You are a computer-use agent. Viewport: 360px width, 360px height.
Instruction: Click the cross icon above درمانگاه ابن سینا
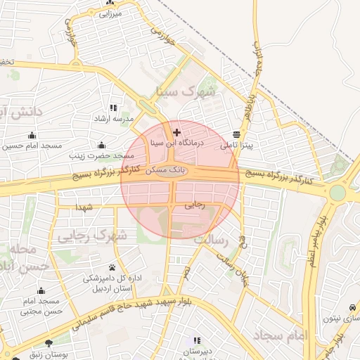coord(176,131)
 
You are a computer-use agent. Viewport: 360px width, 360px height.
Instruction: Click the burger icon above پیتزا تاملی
coord(236,134)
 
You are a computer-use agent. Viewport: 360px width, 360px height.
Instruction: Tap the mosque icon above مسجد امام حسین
coord(31,135)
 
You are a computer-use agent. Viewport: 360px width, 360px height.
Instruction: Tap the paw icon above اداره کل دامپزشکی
coord(112,267)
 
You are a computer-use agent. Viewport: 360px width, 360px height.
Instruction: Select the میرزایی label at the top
coord(110,13)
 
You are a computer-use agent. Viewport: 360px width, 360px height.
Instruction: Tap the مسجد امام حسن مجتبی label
coord(42,306)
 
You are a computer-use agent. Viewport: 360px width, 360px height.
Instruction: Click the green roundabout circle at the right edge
coord(338,192)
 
